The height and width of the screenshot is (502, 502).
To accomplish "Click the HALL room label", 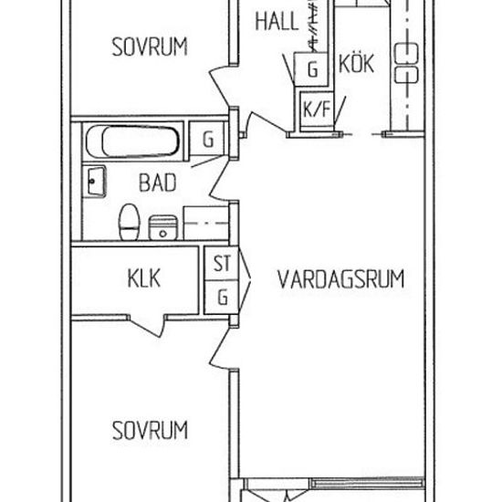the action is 277,22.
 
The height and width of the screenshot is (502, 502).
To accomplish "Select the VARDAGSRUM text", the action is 341,279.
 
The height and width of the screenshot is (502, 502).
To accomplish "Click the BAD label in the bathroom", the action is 158,183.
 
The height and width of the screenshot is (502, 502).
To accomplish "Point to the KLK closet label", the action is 143,278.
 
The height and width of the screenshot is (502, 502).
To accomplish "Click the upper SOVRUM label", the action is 150,47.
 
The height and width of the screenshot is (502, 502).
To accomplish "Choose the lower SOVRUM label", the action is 150,430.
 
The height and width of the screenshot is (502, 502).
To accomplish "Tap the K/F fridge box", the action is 317,109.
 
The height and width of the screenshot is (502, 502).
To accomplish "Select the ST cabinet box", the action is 222,264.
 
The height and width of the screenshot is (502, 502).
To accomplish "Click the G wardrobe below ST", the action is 222,298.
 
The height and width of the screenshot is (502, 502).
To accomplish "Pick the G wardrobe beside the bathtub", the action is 208,139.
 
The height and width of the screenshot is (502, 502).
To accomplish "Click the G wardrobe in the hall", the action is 311,69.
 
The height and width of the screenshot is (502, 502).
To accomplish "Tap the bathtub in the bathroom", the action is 133,141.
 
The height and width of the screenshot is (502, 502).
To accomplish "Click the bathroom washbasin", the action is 96,182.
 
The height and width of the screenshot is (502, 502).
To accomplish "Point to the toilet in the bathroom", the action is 130,223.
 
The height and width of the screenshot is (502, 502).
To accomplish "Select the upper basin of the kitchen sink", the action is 406,54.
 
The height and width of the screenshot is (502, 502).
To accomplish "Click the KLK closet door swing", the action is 147,326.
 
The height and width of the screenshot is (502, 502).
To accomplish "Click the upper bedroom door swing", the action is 220,87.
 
